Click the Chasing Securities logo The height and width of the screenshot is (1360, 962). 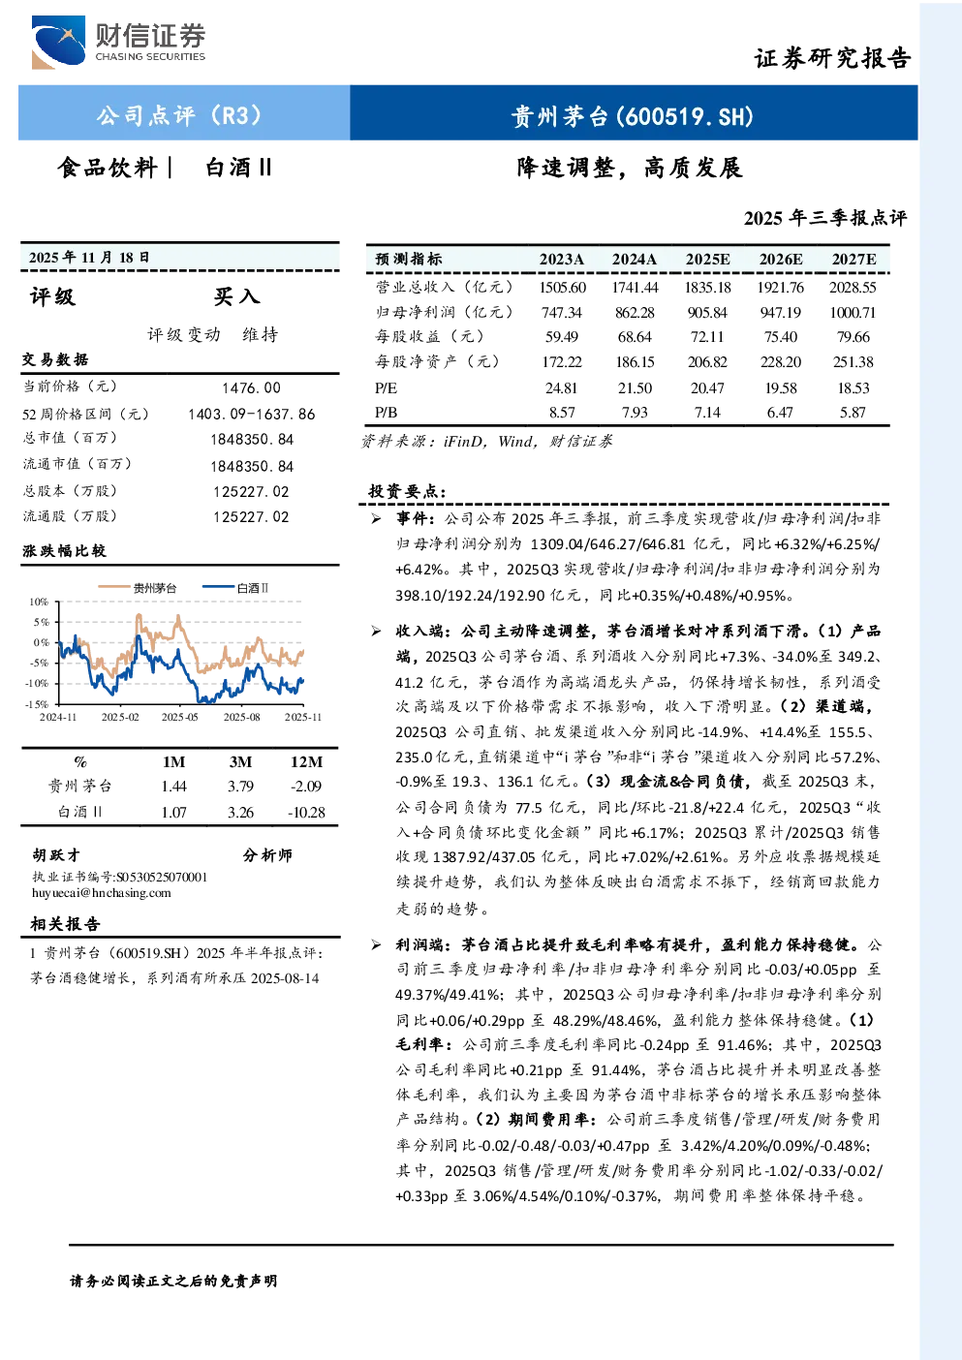click(118, 42)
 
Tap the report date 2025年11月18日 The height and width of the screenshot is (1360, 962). click(89, 258)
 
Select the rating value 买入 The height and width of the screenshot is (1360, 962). click(236, 296)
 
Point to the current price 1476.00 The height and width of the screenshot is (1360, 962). click(252, 388)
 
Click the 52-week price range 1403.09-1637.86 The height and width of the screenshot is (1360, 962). click(252, 414)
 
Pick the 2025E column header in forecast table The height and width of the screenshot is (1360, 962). click(707, 260)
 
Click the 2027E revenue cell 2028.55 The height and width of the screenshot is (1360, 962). click(853, 287)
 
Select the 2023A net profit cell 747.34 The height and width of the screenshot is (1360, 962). click(562, 313)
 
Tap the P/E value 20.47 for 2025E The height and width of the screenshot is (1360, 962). click(707, 388)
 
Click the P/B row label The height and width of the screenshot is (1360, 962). click(387, 413)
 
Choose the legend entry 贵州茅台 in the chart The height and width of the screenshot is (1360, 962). click(138, 588)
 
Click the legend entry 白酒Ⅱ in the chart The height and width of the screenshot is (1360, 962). click(235, 588)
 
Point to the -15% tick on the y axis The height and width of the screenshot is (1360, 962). click(37, 704)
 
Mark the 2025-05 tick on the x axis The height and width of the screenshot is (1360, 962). click(180, 717)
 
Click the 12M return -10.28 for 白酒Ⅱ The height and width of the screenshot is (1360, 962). click(307, 813)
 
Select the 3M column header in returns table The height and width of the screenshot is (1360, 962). click(240, 762)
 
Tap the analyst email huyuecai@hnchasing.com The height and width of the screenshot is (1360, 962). click(102, 893)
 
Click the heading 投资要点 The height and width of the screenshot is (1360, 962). click(407, 491)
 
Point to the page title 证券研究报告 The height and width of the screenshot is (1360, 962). click(832, 58)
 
